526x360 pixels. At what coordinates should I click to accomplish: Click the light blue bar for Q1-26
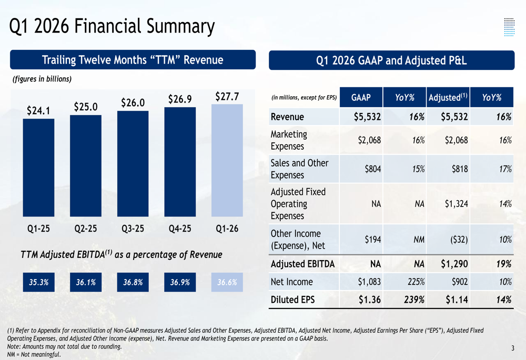point(227,160)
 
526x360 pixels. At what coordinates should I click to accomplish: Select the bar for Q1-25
point(38,168)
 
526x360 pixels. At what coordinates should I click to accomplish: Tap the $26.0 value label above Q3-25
point(133,102)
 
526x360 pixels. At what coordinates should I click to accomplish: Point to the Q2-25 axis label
point(85,229)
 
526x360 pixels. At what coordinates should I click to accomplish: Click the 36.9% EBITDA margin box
point(180,282)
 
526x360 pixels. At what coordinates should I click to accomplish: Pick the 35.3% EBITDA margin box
point(38,282)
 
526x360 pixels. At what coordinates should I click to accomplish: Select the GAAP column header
point(361,98)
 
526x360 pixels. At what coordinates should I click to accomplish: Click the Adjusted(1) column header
point(448,98)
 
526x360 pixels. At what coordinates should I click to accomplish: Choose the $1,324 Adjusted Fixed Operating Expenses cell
point(454,204)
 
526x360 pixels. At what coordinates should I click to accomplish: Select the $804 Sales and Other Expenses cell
point(371,169)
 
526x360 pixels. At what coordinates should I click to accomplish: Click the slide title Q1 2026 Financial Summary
point(113,26)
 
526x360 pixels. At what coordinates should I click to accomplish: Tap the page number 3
point(512,348)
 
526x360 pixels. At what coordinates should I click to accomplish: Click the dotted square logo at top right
point(509,27)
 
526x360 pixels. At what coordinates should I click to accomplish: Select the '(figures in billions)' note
point(42,79)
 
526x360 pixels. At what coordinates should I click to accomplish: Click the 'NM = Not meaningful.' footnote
point(34,354)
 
